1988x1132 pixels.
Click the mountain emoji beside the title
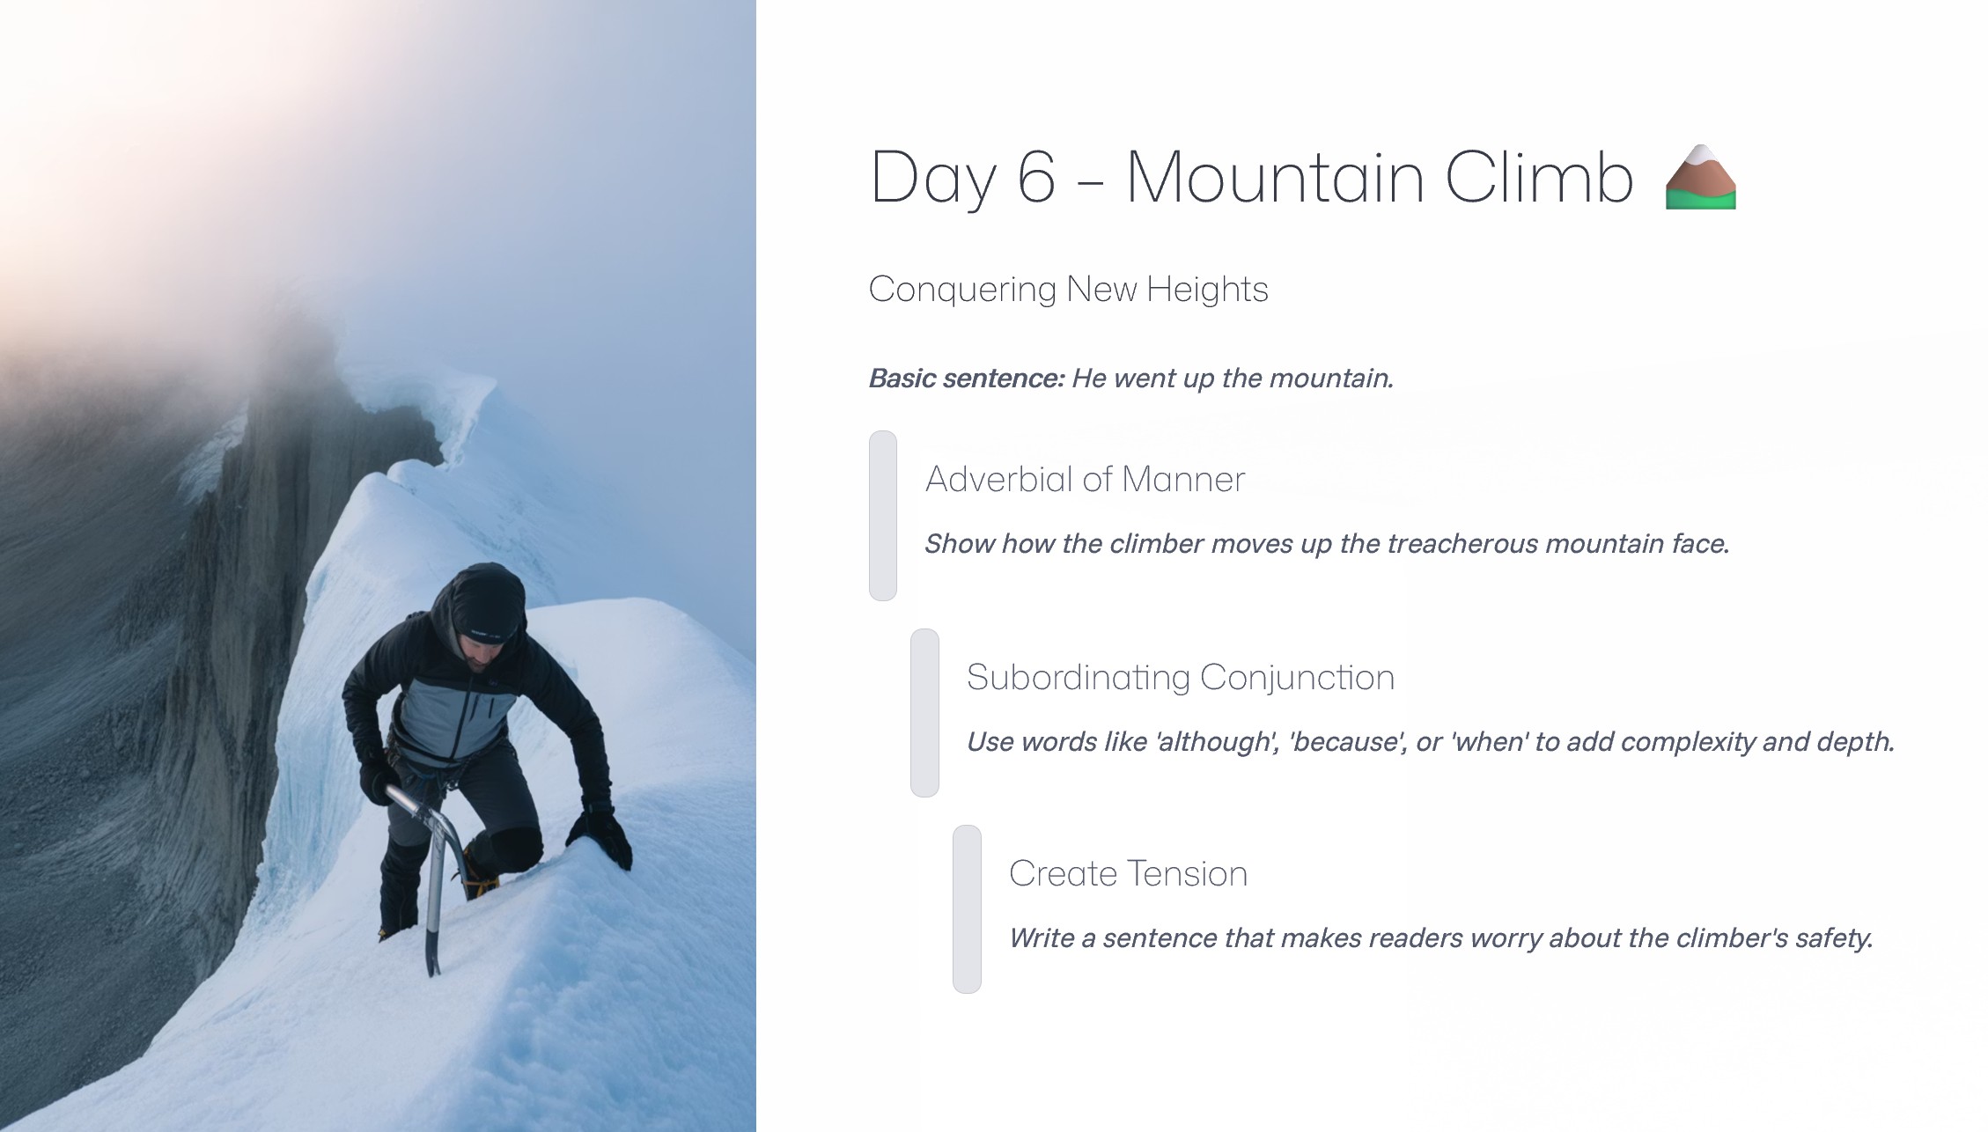tap(1700, 177)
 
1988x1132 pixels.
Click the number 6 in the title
tap(1036, 177)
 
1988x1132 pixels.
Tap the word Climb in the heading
tap(1539, 176)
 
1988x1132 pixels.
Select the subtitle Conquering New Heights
tap(1068, 290)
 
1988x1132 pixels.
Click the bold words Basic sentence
tap(967, 379)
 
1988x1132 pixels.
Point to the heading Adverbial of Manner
tap(1085, 480)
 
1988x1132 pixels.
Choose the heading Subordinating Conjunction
tap(1181, 678)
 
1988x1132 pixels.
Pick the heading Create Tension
tap(1128, 874)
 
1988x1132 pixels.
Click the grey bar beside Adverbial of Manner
tap(883, 516)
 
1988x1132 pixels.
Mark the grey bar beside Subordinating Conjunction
tap(924, 713)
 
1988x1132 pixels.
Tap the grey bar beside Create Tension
tap(967, 909)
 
